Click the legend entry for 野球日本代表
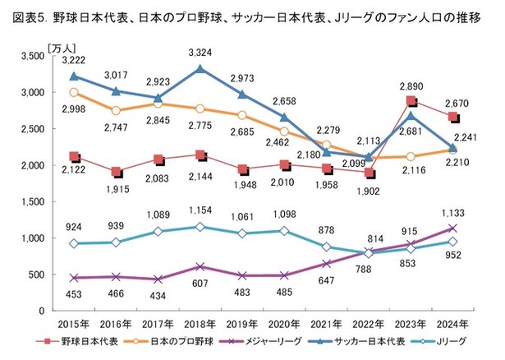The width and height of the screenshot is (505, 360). click(79, 340)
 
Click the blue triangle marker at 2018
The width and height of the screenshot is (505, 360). click(197, 70)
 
